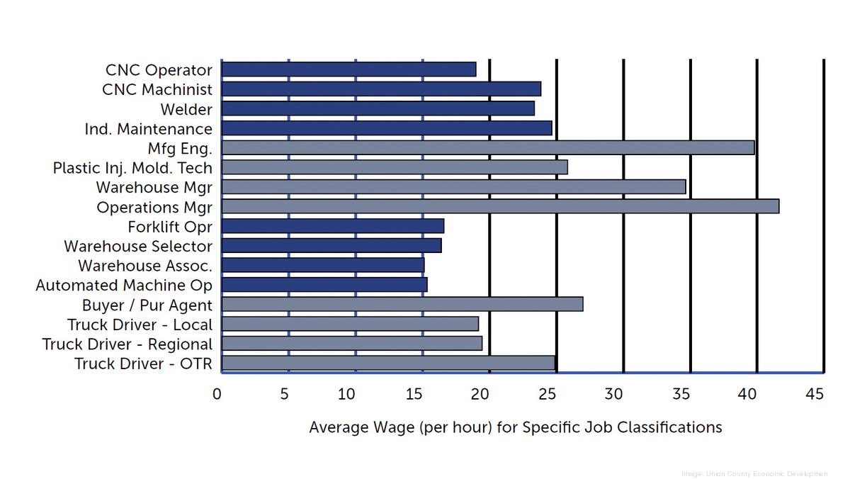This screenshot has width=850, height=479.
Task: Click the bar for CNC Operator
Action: click(x=348, y=69)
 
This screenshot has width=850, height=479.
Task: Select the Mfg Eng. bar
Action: click(x=487, y=147)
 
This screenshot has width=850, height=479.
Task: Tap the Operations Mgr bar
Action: click(x=500, y=206)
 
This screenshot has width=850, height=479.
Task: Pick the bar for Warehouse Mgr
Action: click(x=453, y=186)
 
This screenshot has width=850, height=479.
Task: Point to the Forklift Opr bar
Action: click(x=332, y=226)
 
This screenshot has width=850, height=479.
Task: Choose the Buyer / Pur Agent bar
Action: click(x=402, y=304)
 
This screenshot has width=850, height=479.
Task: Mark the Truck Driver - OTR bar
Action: click(x=388, y=363)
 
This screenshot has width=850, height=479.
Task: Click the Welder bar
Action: click(x=378, y=108)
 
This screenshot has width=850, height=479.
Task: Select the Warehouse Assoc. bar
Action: click(x=322, y=265)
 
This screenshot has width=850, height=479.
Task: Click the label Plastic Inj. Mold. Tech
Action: click(x=132, y=168)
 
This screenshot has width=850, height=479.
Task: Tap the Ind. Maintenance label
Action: click(x=148, y=129)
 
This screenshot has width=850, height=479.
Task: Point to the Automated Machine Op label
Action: click(x=124, y=286)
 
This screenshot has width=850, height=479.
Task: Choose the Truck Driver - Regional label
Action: click(x=127, y=344)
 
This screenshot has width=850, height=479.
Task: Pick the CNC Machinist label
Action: click(x=157, y=90)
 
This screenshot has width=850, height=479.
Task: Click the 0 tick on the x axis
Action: click(x=217, y=394)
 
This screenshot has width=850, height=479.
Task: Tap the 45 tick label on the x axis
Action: click(x=815, y=394)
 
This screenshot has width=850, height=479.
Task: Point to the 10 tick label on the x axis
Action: click(x=347, y=394)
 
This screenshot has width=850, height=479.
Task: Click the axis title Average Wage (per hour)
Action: click(x=516, y=427)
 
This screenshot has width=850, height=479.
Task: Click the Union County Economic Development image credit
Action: click(x=754, y=473)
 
